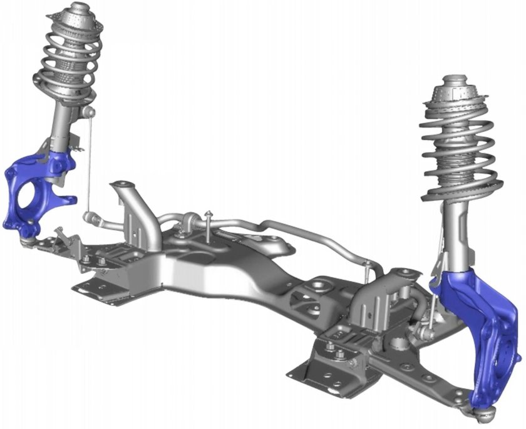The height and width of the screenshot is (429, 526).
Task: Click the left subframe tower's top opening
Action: [x=125, y=184]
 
